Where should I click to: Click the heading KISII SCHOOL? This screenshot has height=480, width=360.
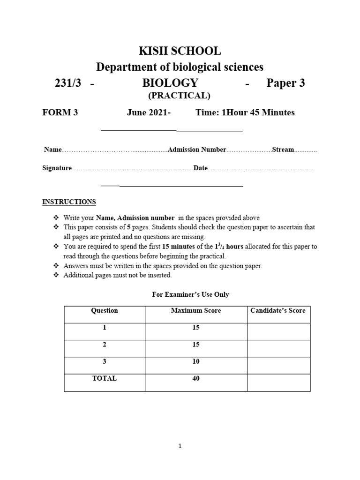(180, 51)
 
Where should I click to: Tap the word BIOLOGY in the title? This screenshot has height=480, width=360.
(170, 83)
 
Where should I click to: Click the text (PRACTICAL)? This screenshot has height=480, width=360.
(179, 96)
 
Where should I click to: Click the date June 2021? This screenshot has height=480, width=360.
(148, 112)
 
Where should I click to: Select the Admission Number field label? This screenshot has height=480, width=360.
(197, 150)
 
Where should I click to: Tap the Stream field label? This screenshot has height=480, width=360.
(283, 150)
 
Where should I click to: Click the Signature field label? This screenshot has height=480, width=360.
(57, 168)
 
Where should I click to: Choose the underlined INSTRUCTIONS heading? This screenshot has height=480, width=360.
(69, 202)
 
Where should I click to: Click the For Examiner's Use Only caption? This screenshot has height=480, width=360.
(190, 294)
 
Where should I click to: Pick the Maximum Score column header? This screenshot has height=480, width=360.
(195, 310)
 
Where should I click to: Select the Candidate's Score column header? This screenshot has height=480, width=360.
(278, 310)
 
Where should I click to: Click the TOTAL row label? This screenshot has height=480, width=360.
(105, 378)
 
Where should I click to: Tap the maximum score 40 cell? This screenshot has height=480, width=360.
(195, 378)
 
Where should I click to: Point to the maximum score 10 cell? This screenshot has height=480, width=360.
(195, 361)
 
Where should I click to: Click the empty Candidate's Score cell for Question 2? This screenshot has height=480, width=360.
(278, 348)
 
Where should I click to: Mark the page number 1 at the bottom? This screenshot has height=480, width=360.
(180, 447)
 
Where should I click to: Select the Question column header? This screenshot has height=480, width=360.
(105, 310)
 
